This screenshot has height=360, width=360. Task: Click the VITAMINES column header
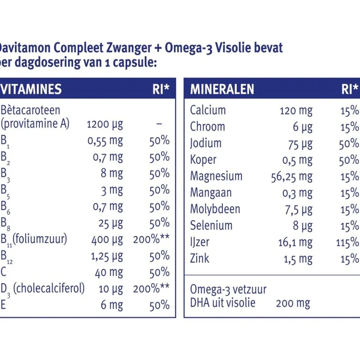31,89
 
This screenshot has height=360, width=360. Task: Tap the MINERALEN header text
222,89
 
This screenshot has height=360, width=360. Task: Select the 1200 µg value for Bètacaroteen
105,124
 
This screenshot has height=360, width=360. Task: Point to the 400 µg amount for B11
107,240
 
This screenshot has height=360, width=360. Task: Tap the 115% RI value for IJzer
348,242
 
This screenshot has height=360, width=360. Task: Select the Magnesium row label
216,177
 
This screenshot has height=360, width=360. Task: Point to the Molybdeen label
215,209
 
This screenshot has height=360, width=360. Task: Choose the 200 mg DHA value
293,304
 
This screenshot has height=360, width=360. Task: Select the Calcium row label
208,111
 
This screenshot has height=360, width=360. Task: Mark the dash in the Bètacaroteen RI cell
159,124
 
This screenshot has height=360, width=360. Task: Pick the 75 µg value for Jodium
300,144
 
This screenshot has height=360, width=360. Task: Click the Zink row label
200,259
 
